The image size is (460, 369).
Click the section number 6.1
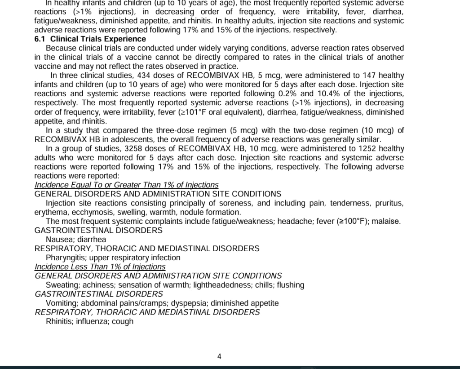pos(40,39)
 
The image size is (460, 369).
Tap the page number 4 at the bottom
pos(219,357)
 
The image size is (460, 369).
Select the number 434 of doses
pos(145,76)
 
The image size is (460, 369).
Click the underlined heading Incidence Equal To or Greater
pos(127,185)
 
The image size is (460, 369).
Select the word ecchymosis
pos(88,212)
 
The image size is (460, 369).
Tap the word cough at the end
pos(123,321)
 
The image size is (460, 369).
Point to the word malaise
pos(387,221)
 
